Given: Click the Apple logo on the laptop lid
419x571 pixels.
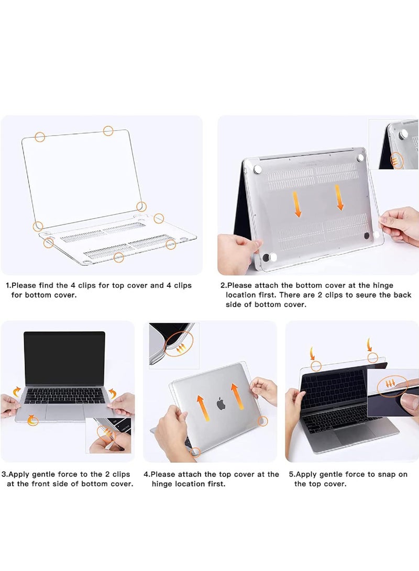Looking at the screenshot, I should pos(221,403).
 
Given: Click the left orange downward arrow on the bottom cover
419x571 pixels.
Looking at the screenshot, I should pos(297,205).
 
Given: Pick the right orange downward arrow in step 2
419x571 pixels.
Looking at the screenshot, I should pos(339,200).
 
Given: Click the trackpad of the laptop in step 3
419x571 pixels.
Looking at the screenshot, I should pos(64,411).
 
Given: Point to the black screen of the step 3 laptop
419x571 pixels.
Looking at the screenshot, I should pos(64,359).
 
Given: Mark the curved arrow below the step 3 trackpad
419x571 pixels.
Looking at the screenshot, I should pos(33,419).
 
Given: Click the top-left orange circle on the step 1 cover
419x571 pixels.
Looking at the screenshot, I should pos(40,137).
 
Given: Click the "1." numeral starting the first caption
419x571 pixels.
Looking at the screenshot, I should pos(8,285).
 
